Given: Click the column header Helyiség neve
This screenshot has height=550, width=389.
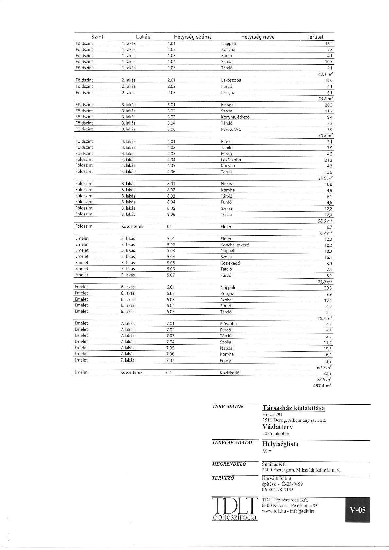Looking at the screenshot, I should [258, 37].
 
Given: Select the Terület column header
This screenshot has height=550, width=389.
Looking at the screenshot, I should [315, 37].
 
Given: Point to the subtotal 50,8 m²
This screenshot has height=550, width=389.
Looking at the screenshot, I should [325, 135].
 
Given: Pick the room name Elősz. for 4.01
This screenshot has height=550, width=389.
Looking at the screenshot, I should [226, 142].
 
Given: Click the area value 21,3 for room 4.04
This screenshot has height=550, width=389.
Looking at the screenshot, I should [328, 160].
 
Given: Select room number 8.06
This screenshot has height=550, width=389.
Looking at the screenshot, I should [171, 215].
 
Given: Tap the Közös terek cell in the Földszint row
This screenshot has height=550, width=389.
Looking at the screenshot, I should [132, 226].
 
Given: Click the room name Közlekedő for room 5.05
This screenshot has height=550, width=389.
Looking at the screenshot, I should [230, 263].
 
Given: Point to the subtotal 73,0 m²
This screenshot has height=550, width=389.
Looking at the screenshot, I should [325, 282].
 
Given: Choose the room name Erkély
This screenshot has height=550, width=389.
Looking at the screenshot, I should [225, 361].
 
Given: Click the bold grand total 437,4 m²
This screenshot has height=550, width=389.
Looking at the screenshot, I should [322, 386].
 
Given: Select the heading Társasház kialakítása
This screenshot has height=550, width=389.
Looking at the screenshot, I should [294, 408].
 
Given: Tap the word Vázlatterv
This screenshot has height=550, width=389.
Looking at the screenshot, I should [277, 427].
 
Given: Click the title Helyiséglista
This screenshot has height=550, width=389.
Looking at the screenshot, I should [280, 444].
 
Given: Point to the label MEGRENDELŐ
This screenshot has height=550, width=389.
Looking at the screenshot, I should [229, 464].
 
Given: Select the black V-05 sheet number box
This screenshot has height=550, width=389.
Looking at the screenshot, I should [358, 510].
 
